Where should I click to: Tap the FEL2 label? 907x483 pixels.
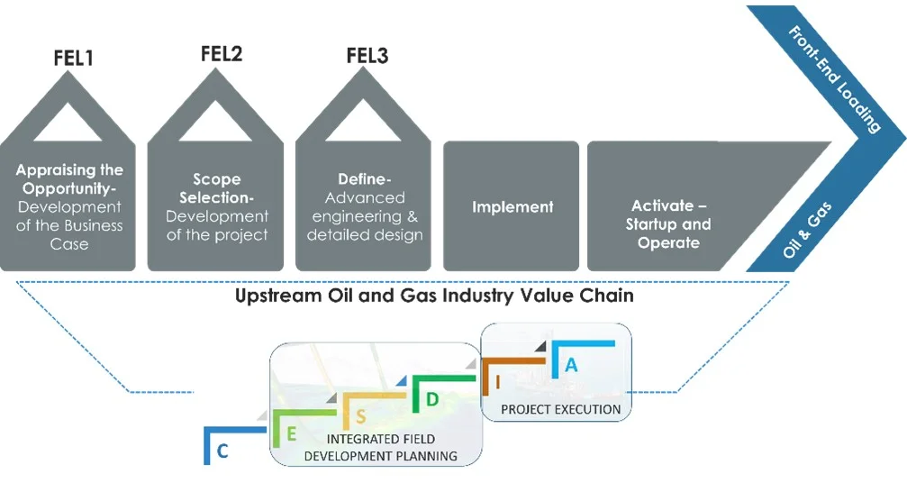point(221,54)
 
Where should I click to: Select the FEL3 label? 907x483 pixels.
point(367,56)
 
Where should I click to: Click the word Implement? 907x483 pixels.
point(512,206)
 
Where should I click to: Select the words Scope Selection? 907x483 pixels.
point(217,187)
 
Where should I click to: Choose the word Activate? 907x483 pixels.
point(661,205)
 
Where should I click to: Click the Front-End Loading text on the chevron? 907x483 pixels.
point(833,79)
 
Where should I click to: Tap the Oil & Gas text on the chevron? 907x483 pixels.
point(807,231)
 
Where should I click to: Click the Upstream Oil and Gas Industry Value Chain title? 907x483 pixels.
point(434,295)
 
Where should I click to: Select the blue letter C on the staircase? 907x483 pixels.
point(222,451)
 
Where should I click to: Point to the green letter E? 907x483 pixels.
point(292,433)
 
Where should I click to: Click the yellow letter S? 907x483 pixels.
point(360,415)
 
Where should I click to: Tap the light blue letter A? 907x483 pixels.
point(569,365)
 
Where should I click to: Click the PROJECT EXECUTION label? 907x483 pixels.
point(560,409)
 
